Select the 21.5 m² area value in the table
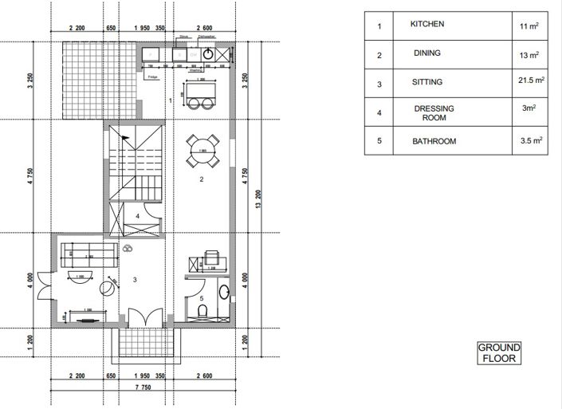(x=528, y=81)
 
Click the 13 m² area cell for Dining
(x=528, y=55)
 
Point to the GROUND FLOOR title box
(x=499, y=353)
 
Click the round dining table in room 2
(x=202, y=150)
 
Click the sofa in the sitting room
(x=90, y=255)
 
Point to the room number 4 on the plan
(x=137, y=215)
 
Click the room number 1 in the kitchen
(x=171, y=100)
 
